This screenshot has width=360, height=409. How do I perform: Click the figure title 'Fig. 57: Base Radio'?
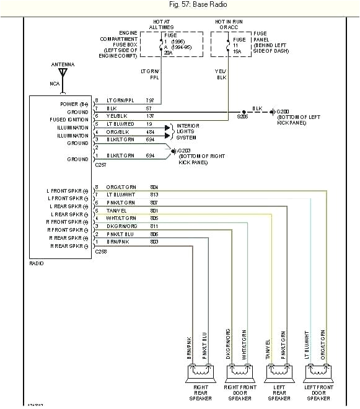tap(180, 6)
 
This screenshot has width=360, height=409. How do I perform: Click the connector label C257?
tap(101, 166)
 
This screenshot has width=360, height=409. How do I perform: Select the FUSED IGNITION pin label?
tap(69, 120)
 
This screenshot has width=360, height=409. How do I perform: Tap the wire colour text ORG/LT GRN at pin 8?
tap(121, 187)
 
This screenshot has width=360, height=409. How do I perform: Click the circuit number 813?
tap(154, 195)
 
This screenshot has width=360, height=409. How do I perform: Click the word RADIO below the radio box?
tap(37, 263)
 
